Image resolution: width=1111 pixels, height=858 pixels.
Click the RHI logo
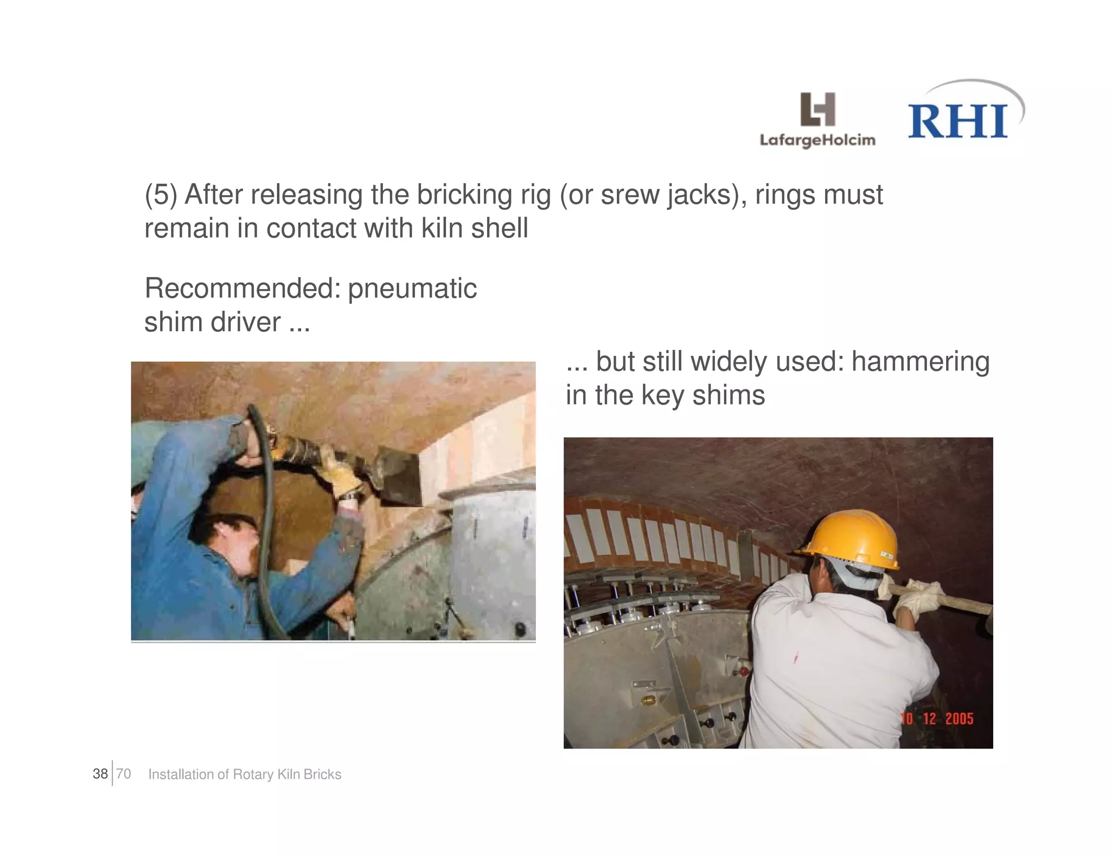point(959,120)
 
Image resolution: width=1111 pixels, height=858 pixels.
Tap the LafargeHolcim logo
point(818,120)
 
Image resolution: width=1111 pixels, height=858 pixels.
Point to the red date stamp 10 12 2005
point(937,719)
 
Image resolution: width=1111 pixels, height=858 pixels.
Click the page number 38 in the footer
point(100,774)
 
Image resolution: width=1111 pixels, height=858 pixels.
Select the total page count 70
point(124,774)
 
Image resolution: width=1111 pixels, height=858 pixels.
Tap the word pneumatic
point(412,288)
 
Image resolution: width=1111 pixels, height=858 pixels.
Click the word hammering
point(920,361)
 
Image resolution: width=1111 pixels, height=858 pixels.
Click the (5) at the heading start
point(161,195)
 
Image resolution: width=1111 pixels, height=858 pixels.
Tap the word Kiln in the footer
point(289,774)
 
